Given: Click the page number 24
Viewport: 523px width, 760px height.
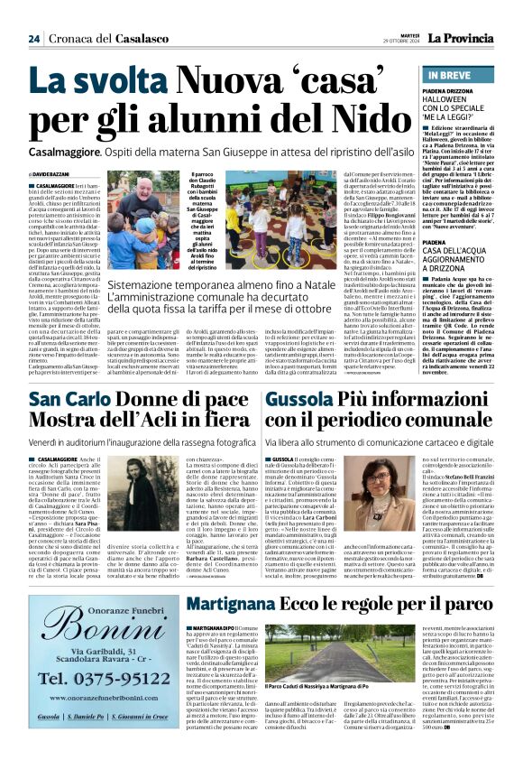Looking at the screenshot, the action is tap(33, 39).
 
